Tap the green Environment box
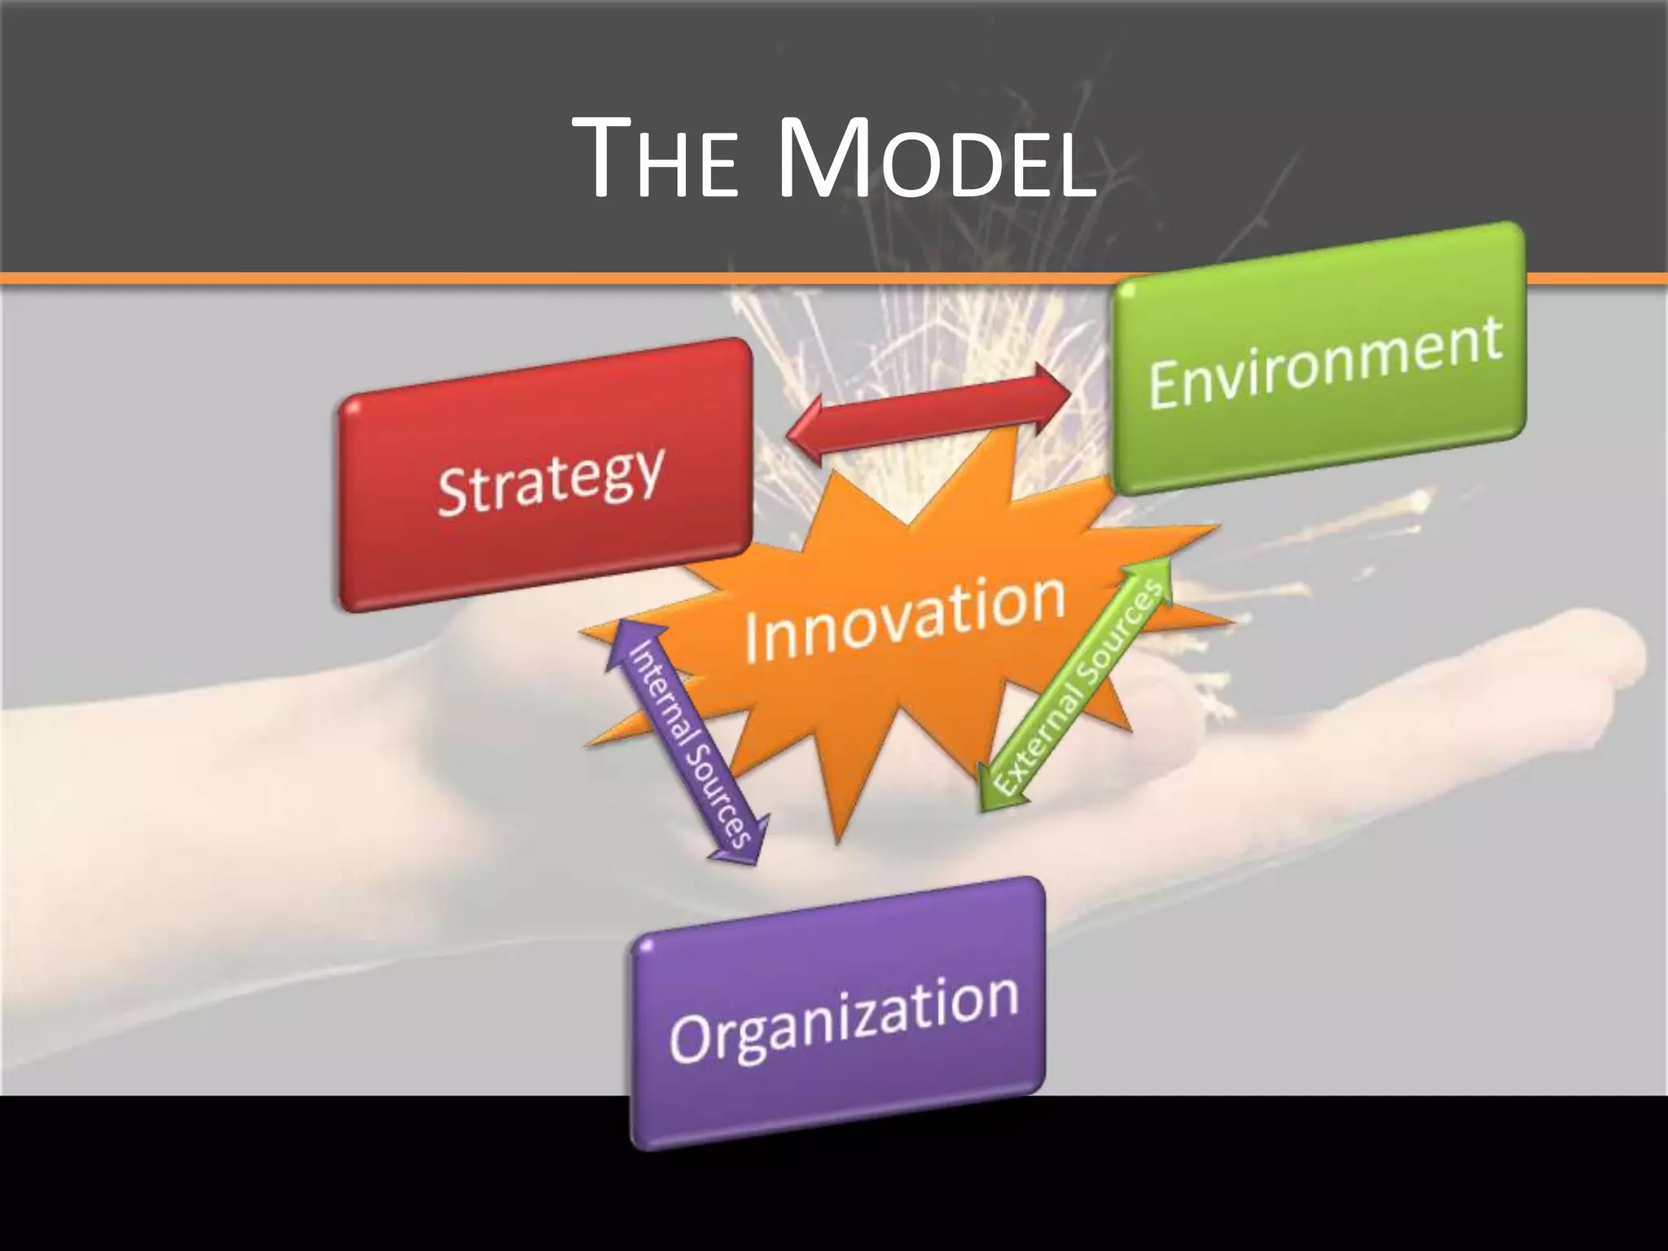(x=1319, y=407)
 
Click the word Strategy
(x=551, y=483)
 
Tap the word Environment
(x=1324, y=363)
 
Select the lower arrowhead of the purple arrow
(x=741, y=847)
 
